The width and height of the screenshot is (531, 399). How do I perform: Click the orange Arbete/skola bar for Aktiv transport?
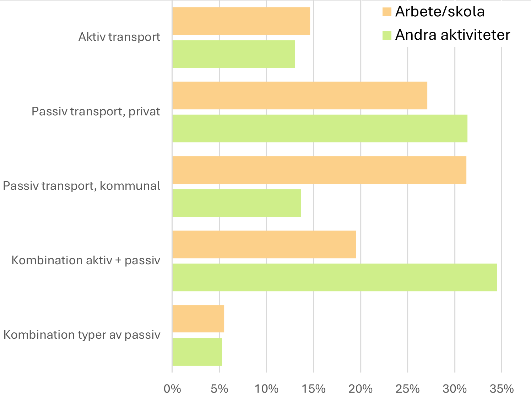click(x=241, y=21)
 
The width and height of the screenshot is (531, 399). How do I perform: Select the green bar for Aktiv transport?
click(x=233, y=54)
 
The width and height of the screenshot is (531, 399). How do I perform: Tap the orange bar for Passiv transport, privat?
click(x=299, y=95)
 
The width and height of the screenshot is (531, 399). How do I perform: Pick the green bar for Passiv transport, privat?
click(x=320, y=128)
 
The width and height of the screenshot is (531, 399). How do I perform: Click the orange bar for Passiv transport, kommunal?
click(x=319, y=170)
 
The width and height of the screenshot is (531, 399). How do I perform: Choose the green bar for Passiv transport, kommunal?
click(x=236, y=203)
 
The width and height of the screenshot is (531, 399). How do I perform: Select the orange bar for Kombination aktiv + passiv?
click(x=264, y=244)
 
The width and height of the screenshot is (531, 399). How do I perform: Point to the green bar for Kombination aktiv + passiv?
click(x=334, y=277)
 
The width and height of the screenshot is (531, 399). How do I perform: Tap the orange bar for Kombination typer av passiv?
click(x=198, y=319)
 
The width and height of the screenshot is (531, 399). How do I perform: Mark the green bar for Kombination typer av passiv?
click(x=197, y=352)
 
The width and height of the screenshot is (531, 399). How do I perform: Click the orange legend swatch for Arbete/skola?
click(x=387, y=12)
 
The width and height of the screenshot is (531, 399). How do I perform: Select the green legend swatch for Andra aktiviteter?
click(x=387, y=35)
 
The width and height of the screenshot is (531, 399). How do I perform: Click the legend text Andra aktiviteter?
click(x=453, y=35)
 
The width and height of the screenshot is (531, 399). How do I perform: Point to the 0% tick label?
click(x=172, y=389)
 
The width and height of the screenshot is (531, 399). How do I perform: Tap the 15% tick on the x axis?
click(x=314, y=389)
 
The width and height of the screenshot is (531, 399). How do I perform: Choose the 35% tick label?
click(x=502, y=389)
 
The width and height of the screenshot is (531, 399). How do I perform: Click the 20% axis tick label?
click(x=361, y=389)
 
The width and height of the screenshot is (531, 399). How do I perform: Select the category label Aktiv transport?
click(x=119, y=37)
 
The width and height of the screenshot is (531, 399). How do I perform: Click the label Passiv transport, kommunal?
click(x=82, y=186)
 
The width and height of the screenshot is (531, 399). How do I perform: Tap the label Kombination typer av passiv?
click(x=82, y=335)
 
